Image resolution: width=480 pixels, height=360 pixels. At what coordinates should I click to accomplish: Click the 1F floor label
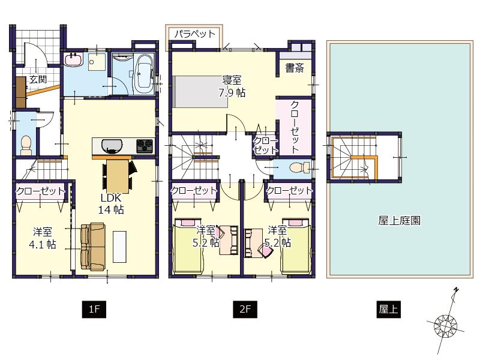point(94,310)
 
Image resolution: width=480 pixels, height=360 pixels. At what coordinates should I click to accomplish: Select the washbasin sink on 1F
point(73,60)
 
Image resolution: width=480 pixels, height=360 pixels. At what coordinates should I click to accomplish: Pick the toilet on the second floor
point(295,168)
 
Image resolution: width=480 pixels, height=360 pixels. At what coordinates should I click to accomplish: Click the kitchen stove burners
point(145,145)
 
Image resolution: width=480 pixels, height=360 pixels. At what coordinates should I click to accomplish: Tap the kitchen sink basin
point(112,145)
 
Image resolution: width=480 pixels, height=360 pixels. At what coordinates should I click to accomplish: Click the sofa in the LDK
point(92,247)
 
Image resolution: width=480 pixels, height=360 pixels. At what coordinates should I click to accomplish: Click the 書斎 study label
point(294,68)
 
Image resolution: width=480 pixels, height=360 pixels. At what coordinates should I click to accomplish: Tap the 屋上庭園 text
point(399,220)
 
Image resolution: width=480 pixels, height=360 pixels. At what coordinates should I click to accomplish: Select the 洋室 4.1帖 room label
point(43,238)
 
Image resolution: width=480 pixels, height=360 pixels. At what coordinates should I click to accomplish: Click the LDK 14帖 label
point(111,204)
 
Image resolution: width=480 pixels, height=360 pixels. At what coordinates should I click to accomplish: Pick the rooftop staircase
point(355,155)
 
